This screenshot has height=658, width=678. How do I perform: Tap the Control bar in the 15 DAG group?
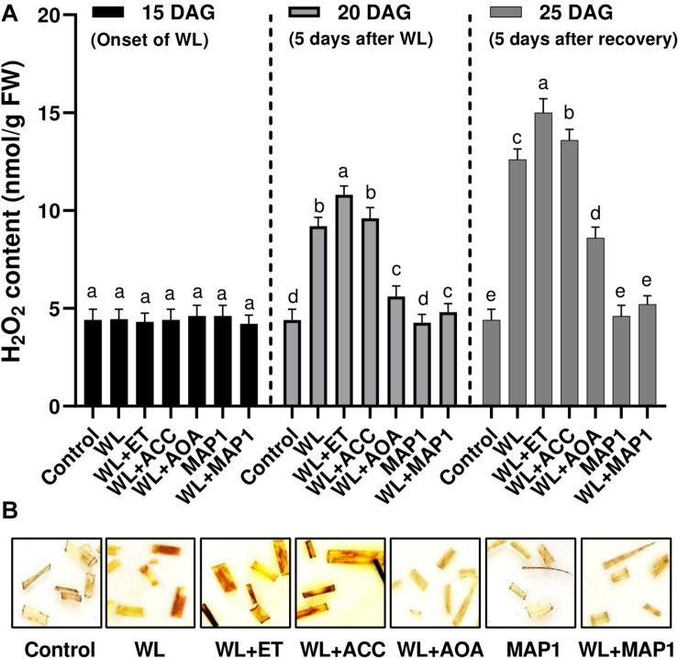[93, 363]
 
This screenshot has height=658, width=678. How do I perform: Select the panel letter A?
[10, 10]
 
